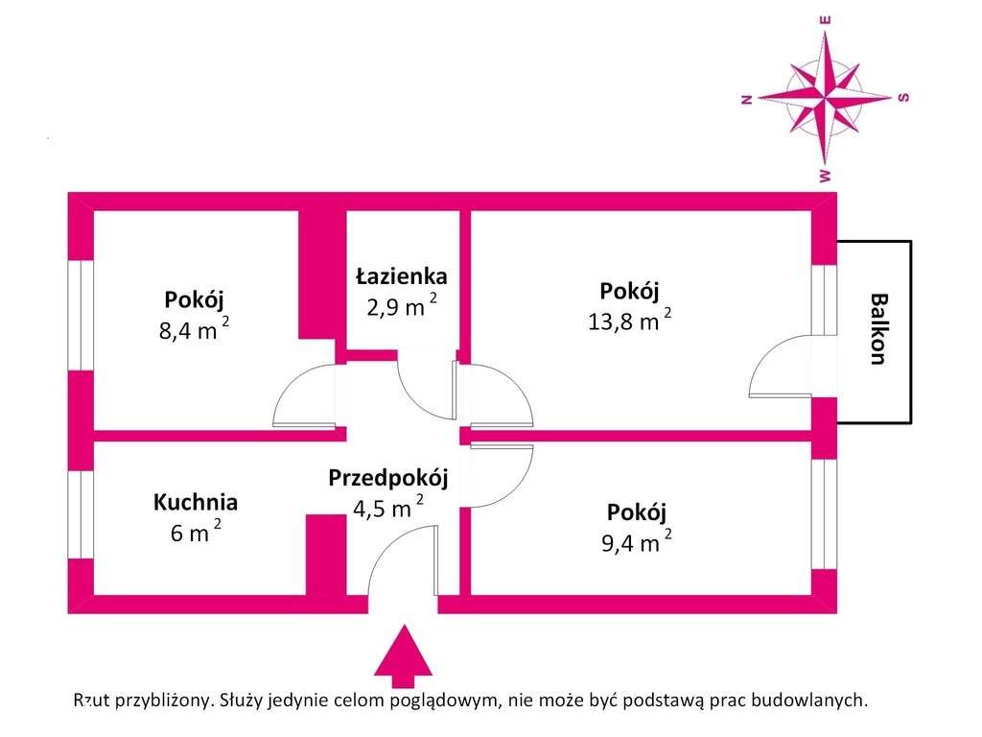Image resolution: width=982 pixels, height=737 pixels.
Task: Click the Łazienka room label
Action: click(x=401, y=276)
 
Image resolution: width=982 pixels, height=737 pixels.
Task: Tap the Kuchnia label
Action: click(x=196, y=501)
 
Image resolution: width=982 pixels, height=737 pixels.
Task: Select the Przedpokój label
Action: click(x=387, y=477)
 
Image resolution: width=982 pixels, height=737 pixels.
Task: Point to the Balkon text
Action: click(x=876, y=328)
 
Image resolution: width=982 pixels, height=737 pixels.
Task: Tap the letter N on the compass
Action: click(x=745, y=98)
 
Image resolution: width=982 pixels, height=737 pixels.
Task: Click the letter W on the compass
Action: click(x=825, y=176)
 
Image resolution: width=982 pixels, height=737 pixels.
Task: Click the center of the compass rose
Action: click(x=825, y=97)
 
